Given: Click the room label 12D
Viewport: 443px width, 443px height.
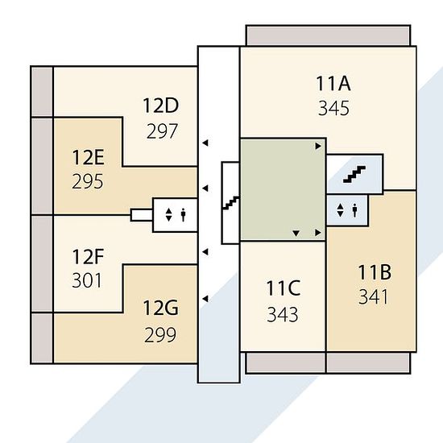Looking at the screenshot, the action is (161, 106).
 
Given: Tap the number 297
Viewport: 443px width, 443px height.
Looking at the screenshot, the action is (162, 131).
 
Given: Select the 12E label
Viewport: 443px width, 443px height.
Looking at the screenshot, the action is (89, 157).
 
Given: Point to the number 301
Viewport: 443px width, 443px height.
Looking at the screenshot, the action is (87, 280).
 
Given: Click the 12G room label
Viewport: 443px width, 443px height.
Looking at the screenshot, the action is (161, 308).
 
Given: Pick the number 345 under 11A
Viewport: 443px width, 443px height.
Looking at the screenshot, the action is (333, 108).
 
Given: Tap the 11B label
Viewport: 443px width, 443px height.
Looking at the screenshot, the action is (375, 272).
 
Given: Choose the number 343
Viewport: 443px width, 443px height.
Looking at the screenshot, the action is (283, 314).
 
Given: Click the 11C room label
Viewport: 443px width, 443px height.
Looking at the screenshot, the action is (284, 288).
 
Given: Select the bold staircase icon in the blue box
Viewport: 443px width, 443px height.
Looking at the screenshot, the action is (354, 174).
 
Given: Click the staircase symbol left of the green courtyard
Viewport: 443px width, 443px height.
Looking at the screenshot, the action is (231, 203).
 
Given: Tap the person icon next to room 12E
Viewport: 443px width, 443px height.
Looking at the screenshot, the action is (184, 215).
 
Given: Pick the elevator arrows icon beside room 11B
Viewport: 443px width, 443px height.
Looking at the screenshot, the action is (341, 210).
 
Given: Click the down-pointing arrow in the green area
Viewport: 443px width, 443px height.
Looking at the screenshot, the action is (296, 233).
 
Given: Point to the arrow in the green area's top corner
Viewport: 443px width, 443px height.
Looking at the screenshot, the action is (318, 146).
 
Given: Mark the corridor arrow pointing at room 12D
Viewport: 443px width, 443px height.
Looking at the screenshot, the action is (205, 143).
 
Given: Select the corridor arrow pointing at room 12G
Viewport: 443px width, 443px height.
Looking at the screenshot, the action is (205, 299).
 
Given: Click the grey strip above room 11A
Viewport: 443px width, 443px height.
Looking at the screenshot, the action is (328, 36).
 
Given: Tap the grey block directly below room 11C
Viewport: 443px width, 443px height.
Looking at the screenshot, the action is (286, 362).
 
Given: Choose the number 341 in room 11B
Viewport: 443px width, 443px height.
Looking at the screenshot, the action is (373, 297).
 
